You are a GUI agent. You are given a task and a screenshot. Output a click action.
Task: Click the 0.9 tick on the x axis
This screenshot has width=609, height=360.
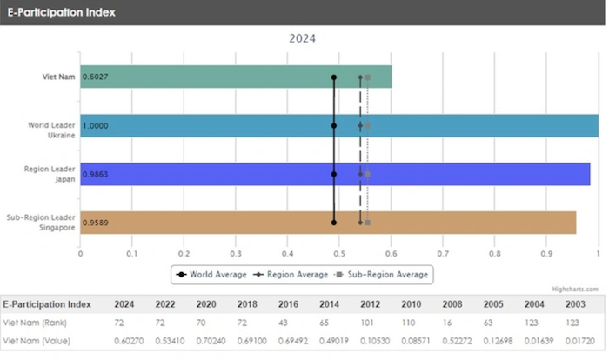coord(546,255)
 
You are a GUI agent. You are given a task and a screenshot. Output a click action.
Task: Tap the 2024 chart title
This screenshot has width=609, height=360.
coord(303,38)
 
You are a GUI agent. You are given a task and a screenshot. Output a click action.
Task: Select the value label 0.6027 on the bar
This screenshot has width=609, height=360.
coord(96,77)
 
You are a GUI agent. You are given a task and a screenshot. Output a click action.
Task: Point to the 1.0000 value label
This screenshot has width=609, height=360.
coord(96,125)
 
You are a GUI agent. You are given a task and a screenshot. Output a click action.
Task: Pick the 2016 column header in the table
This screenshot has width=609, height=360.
coord(287,304)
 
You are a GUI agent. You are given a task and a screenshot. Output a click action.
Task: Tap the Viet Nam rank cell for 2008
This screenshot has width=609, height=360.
coord(452,322)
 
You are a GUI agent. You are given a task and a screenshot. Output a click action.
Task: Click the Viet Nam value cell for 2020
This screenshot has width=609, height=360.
coord(205,338)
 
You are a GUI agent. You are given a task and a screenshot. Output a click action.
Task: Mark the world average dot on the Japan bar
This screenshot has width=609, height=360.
coord(334,174)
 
